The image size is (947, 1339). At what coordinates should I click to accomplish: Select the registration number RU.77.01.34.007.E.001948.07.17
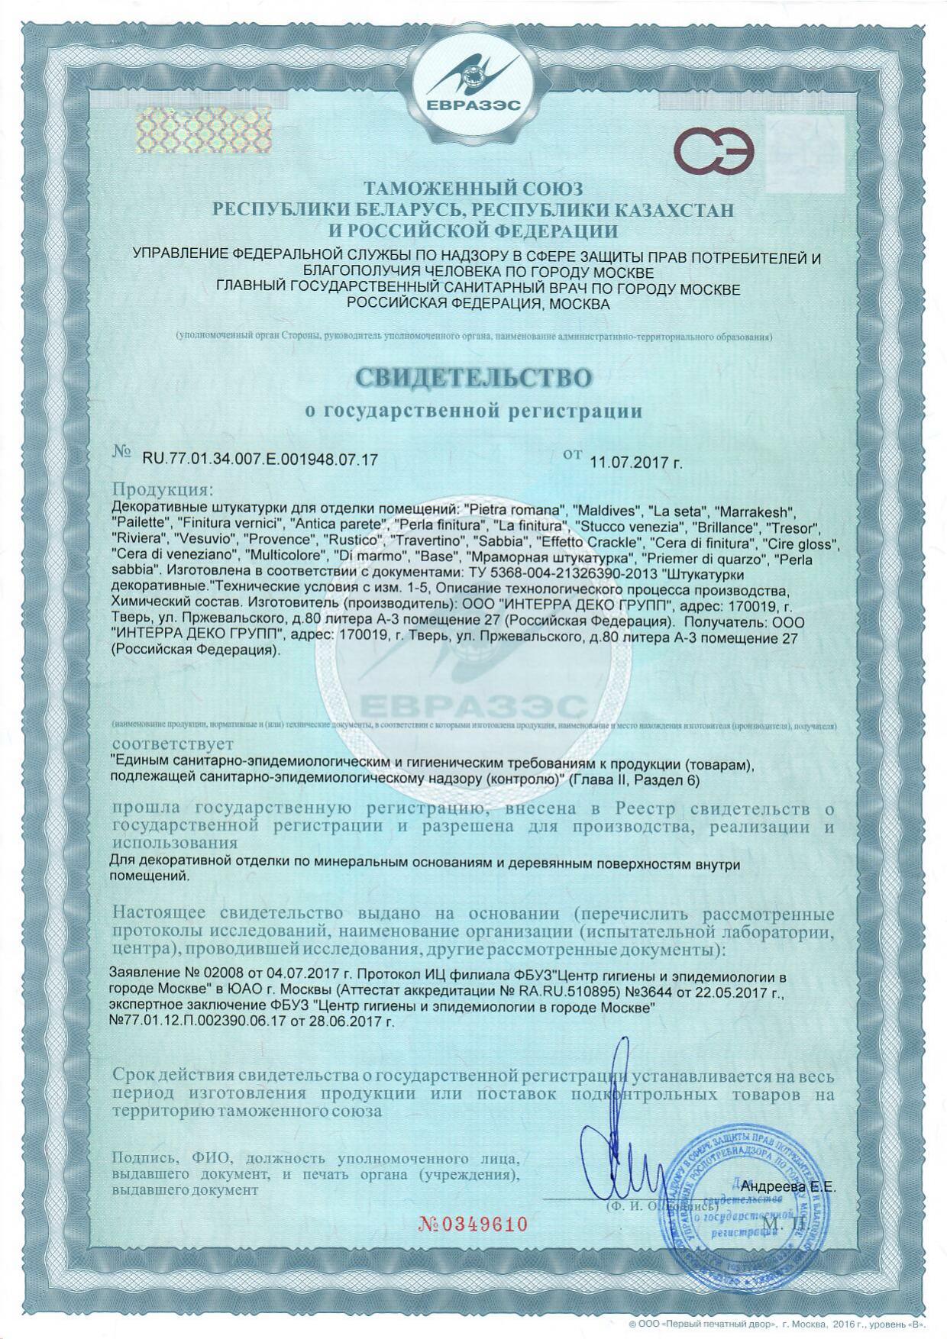260,459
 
